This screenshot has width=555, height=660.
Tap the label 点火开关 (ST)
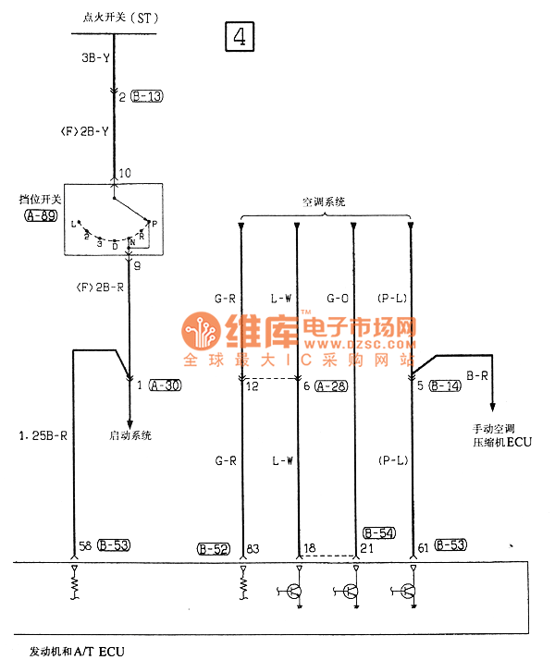coord(114,18)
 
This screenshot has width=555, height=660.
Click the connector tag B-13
coord(147,95)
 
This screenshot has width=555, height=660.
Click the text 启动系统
coord(130,435)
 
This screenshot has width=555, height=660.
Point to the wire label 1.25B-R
coord(43,434)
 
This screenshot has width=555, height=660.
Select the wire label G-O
coord(338,298)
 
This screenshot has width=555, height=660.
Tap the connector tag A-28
coord(331,385)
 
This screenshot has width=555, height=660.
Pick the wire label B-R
coord(477,375)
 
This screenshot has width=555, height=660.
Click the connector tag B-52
coord(214,549)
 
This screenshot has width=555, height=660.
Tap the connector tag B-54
coord(379,532)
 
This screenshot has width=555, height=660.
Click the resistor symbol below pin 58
coord(74,585)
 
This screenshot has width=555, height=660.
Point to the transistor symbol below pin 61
coord(408,592)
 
